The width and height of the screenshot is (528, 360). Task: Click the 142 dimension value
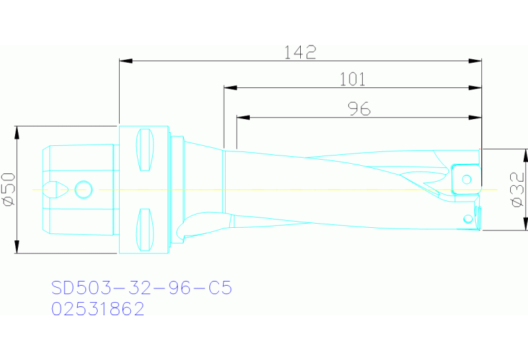point(300,52)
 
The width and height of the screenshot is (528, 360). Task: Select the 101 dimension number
point(352,79)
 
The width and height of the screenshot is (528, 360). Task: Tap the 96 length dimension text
point(358,108)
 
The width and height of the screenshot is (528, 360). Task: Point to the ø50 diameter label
point(9,189)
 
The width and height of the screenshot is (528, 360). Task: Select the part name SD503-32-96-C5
point(142,288)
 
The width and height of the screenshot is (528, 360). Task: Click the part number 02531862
point(98,309)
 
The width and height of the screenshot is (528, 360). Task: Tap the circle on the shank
point(83,189)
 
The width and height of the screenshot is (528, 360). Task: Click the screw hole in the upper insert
point(467,180)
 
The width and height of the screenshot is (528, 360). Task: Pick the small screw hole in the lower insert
point(469,219)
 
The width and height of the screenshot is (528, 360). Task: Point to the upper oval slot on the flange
point(144,151)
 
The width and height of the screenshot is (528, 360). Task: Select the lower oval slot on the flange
point(144,227)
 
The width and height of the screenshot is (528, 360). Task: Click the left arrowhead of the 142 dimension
point(124,61)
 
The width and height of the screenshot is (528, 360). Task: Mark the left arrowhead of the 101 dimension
point(229,88)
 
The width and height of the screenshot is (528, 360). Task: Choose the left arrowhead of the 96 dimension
point(242,117)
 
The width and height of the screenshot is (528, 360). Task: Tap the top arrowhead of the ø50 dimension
point(17,130)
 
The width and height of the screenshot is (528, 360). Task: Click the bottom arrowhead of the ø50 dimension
point(17,248)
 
